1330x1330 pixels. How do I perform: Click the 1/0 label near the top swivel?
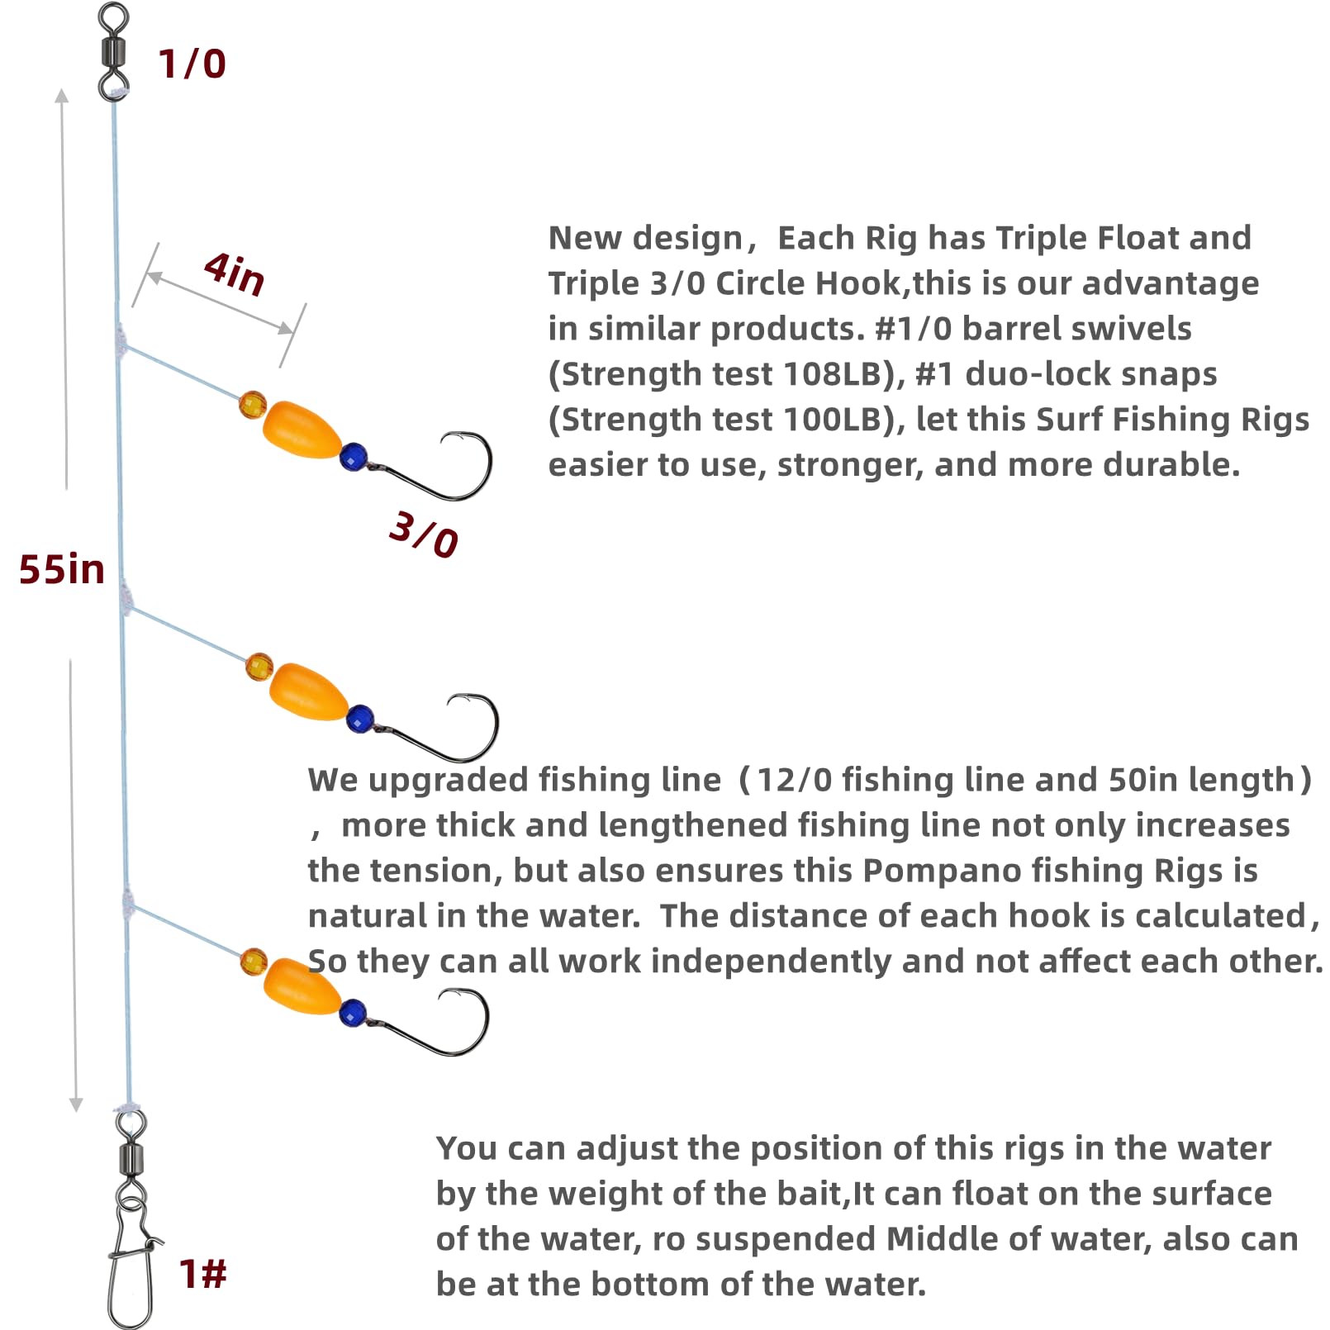192,64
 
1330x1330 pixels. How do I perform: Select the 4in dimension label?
235,273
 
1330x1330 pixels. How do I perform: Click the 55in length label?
62,570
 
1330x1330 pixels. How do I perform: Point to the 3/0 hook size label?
423,535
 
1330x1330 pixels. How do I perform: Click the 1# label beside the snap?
202,1274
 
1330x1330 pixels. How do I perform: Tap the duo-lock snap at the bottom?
132,1264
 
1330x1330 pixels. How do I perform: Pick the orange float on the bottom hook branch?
302,986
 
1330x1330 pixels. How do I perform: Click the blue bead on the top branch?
354,456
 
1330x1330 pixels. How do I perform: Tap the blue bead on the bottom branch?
353,1013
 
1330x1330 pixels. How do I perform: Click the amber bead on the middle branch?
259,667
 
